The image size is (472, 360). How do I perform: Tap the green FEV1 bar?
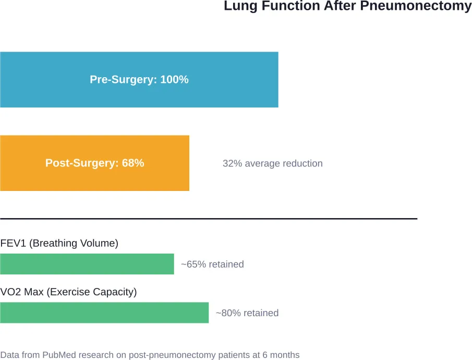pyautogui.click(x=87, y=264)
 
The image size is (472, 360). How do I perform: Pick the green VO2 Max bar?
pyautogui.click(x=104, y=313)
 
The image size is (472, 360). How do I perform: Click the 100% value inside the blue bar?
pyautogui.click(x=175, y=80)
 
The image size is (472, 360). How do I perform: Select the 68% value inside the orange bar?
pyautogui.click(x=133, y=163)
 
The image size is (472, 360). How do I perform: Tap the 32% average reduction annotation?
pyautogui.click(x=272, y=163)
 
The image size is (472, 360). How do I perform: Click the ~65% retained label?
pyautogui.click(x=212, y=264)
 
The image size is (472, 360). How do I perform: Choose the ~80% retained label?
pyautogui.click(x=247, y=313)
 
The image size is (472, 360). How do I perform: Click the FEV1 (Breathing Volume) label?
pyautogui.click(x=59, y=243)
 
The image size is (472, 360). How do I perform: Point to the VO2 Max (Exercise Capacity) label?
pyautogui.click(x=68, y=292)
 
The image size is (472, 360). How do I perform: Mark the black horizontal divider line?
pyautogui.click(x=209, y=219)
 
